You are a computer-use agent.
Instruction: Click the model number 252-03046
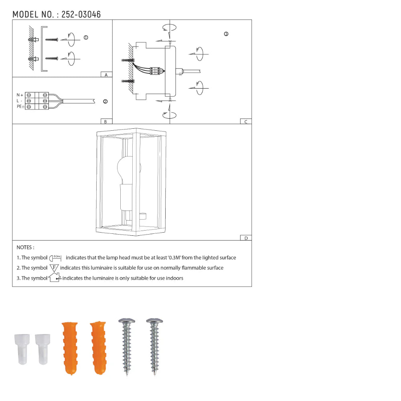pyautogui.click(x=81, y=15)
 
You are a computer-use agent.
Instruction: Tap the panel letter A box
pyautogui.click(x=106, y=75)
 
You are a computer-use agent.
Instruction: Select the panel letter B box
pyautogui.click(x=106, y=122)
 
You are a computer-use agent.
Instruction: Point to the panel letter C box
pyautogui.click(x=245, y=122)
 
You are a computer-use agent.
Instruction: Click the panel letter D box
pyautogui.click(x=245, y=238)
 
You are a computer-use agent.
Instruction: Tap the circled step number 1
pyautogui.click(x=86, y=37)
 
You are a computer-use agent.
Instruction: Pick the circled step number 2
pyautogui.click(x=105, y=102)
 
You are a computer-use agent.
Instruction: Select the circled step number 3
pyautogui.click(x=226, y=34)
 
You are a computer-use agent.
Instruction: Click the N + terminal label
pyautogui.click(x=20, y=95)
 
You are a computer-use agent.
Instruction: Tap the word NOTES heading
pyautogui.click(x=25, y=248)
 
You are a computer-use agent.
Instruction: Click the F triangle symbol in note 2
pyautogui.click(x=54, y=267)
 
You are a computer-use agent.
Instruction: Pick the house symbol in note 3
pyautogui.click(x=54, y=277)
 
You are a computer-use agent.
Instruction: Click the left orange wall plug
pyautogui.click(x=69, y=347)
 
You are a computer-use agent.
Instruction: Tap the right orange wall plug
pyautogui.click(x=98, y=347)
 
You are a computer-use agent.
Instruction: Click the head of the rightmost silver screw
pyautogui.click(x=154, y=321)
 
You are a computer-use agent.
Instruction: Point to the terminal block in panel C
pyautogui.click(x=155, y=71)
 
